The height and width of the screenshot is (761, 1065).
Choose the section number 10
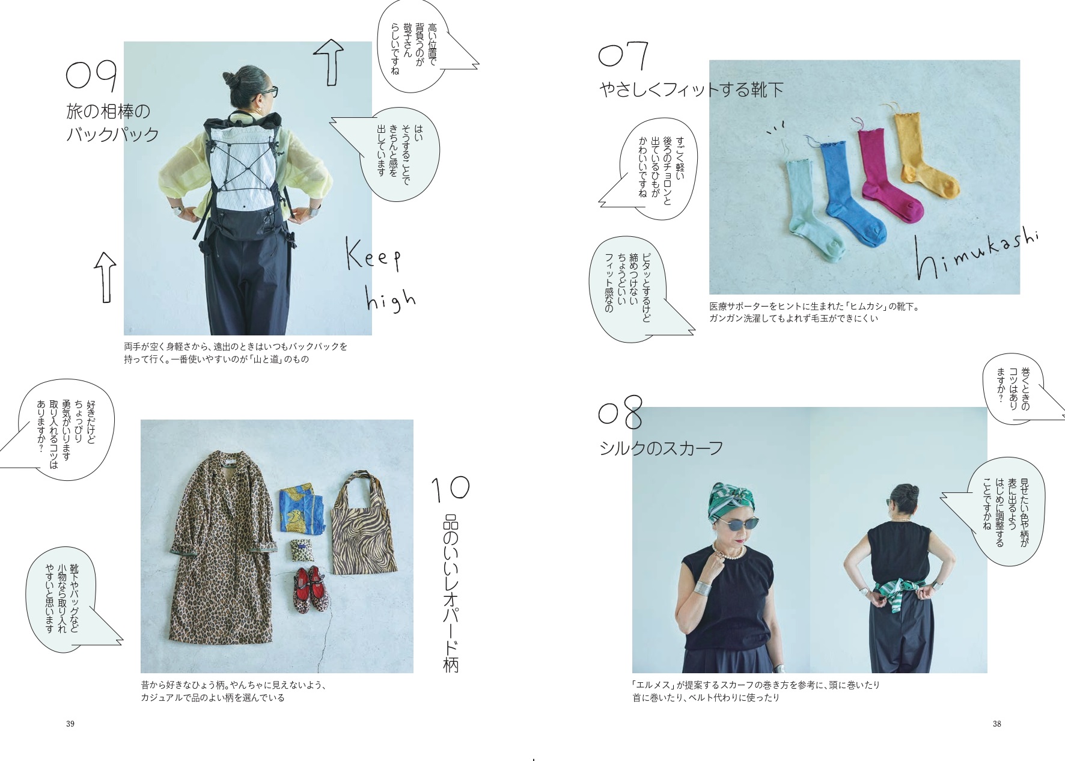(450, 488)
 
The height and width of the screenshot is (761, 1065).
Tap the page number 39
(70, 724)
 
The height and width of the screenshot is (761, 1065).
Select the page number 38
(996, 724)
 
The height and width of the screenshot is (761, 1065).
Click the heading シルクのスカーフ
(661, 448)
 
